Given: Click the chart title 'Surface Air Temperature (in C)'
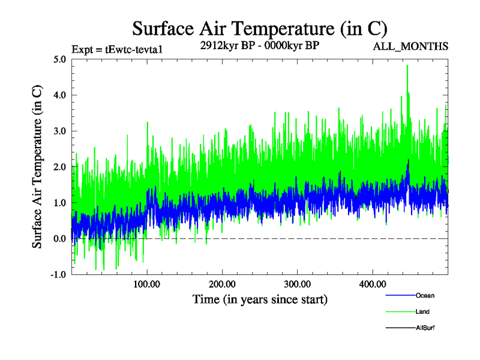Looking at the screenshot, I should click(259, 29).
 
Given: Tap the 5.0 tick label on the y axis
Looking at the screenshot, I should click(60, 59).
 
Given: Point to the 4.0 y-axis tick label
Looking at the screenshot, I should click(60, 95).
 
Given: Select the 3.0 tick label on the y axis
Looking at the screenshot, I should click(60, 131).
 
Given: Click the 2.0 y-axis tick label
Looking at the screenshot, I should click(60, 167).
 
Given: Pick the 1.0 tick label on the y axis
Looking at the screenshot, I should click(60, 203).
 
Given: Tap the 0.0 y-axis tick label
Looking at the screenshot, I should click(60, 239).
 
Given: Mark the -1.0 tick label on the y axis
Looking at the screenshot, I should click(59, 274).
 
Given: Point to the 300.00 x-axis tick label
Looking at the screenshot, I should click(297, 284).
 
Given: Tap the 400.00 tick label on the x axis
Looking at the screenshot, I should click(372, 284).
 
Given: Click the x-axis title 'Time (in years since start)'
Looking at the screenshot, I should click(260, 299).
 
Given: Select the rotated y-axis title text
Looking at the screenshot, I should click(37, 167).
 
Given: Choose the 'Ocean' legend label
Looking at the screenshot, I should click(425, 295).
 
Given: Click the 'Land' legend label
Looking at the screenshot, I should click(422, 311).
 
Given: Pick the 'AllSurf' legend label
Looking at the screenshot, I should click(425, 328).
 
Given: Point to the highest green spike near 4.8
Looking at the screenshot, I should click(407, 65).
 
